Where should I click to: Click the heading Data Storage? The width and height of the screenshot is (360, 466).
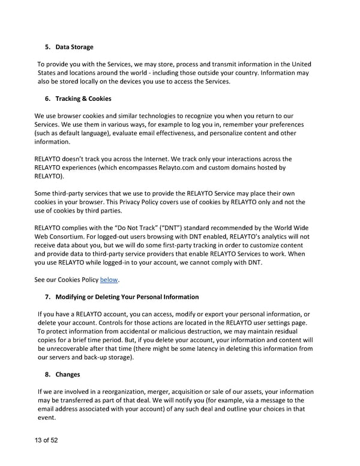click(74, 47)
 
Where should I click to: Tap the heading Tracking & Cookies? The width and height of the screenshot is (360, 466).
click(83, 98)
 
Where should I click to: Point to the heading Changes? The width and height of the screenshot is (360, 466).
click(67, 375)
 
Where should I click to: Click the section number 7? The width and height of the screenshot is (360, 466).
click(48, 297)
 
